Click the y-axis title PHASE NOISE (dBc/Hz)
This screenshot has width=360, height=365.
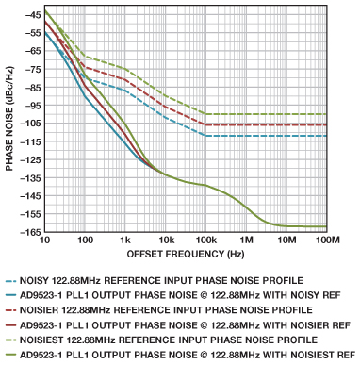(x=9, y=119)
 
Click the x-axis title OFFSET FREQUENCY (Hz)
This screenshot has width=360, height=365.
(x=186, y=254)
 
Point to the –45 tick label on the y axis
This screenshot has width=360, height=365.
(x=32, y=14)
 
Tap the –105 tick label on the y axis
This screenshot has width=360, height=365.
(x=29, y=124)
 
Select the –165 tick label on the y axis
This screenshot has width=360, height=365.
(x=29, y=232)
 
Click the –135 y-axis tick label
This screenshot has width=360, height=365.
(x=29, y=178)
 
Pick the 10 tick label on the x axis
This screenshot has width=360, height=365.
(x=44, y=241)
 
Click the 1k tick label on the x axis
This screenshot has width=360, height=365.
(x=125, y=241)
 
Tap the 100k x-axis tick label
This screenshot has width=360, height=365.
(x=205, y=241)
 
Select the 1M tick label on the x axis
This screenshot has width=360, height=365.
(x=246, y=241)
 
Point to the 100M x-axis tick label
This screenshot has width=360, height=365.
(x=326, y=241)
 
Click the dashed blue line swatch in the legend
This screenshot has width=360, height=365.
(x=10, y=281)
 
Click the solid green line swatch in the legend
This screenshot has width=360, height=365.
(x=10, y=356)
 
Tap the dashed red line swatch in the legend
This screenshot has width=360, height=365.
(x=10, y=310)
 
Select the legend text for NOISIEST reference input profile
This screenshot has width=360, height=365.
(x=169, y=340)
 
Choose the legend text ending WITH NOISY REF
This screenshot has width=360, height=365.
(x=180, y=295)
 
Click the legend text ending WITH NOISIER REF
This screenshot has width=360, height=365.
(x=185, y=325)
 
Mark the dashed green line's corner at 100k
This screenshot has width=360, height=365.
(x=205, y=114)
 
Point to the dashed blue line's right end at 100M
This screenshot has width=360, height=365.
(x=326, y=136)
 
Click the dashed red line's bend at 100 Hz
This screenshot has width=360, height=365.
(x=85, y=67)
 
